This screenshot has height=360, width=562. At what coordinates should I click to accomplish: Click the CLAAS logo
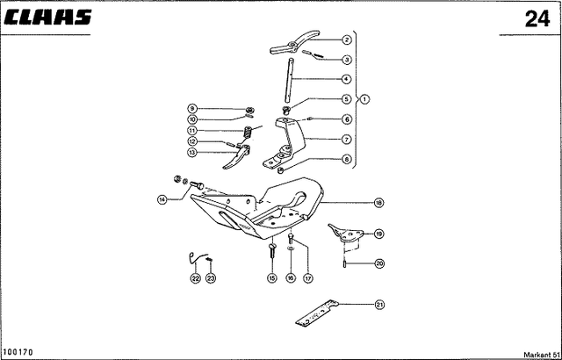tap(49, 18)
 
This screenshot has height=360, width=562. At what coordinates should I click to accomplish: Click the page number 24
tap(537, 18)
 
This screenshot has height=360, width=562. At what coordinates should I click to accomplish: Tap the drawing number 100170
tap(18, 352)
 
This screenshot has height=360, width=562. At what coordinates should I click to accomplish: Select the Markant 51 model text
tap(543, 355)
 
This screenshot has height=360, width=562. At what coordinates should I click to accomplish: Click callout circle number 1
tap(364, 99)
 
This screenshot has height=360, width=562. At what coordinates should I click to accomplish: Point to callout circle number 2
tap(346, 40)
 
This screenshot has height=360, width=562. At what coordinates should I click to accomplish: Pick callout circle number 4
tap(346, 79)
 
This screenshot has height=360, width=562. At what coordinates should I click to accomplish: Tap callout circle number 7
tap(346, 140)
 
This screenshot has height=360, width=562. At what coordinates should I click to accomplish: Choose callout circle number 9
tap(192, 108)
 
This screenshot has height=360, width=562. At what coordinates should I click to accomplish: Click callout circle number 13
tap(192, 152)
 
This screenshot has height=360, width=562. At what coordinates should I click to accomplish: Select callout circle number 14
tap(162, 199)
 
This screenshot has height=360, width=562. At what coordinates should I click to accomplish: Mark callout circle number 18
tap(378, 203)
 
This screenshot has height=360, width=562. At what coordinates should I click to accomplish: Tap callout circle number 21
tap(379, 305)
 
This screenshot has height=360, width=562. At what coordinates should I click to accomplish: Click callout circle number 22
tap(195, 278)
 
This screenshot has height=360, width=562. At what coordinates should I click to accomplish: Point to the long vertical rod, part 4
tap(290, 80)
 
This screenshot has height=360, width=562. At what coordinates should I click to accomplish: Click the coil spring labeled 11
tap(248, 133)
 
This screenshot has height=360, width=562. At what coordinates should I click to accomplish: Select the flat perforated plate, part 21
tap(317, 313)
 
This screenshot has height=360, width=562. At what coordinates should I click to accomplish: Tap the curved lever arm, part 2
tap(295, 43)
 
